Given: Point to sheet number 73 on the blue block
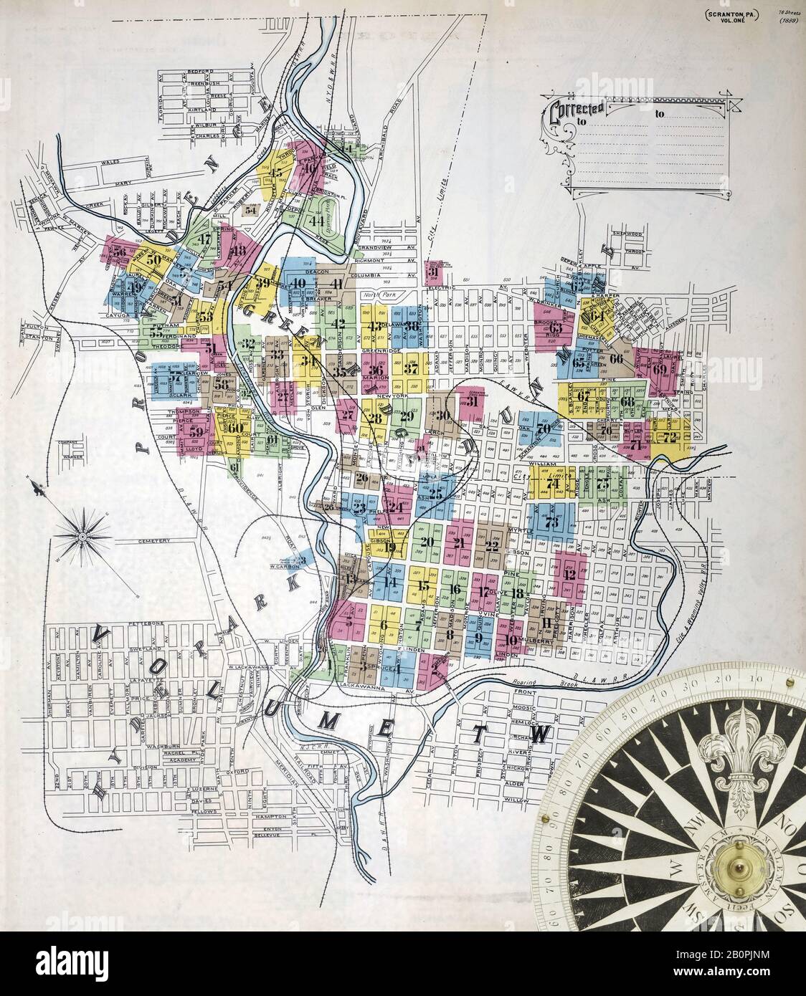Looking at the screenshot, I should coord(551,522).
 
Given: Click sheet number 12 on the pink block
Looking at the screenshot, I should coord(570,574).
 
